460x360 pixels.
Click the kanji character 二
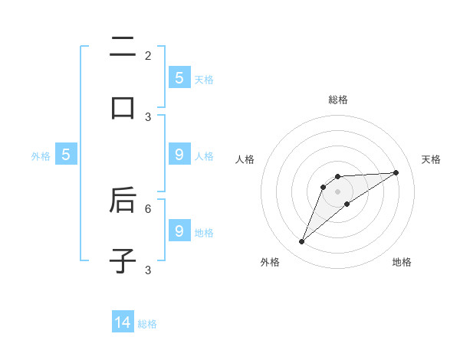[x=123, y=47]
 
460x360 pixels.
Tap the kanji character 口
[x=123, y=107]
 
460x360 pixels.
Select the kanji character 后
[x=123, y=200]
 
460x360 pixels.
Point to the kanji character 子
[x=123, y=260]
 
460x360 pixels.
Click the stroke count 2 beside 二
[x=148, y=56]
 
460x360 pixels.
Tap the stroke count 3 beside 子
[x=148, y=270]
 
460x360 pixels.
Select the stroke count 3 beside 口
[x=148, y=116]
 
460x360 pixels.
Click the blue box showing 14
[x=123, y=322]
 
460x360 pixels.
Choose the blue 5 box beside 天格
[x=179, y=77]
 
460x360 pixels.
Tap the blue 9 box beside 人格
[x=179, y=154]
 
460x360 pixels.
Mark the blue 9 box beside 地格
[x=179, y=231]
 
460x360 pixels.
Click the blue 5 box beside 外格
[x=66, y=154]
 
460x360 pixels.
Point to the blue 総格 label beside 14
[x=147, y=324]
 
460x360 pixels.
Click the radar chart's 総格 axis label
[x=337, y=100]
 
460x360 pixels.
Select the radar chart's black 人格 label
[x=245, y=159]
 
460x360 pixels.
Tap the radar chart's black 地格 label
[x=402, y=263]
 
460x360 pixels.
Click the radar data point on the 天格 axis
[x=396, y=172]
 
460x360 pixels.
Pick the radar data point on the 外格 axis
[x=301, y=242]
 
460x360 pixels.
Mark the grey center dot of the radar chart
[x=337, y=191]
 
